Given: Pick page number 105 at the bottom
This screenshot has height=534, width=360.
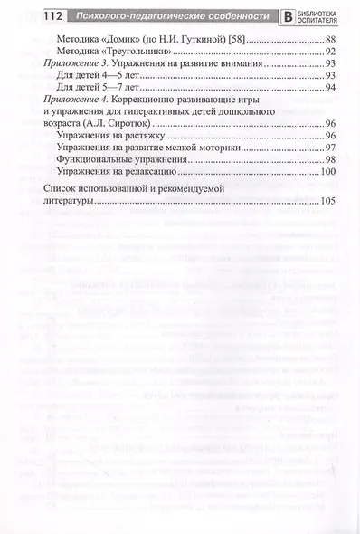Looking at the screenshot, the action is tap(327, 201).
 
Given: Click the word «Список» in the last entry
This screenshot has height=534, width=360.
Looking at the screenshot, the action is tap(61, 189).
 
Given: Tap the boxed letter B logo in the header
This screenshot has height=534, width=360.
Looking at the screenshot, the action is tap(289, 15).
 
